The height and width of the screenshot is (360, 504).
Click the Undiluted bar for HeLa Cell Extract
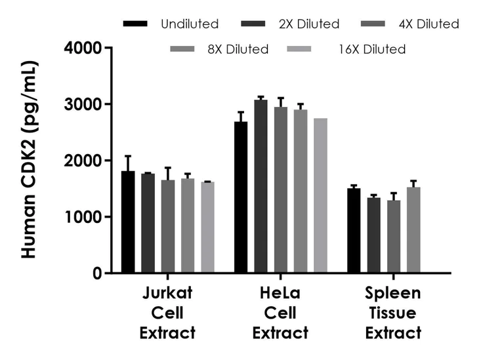click(241, 197)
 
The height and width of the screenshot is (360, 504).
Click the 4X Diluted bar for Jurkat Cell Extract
click(168, 226)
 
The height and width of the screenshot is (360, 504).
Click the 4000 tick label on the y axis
click(83, 48)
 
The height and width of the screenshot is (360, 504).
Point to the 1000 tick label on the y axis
click(83, 217)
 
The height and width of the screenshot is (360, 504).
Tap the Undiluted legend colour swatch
click(136, 24)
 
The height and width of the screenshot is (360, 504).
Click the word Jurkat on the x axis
click(167, 292)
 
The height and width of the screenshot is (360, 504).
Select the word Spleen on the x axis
click(393, 292)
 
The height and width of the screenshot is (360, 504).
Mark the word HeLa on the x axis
click(280, 292)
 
